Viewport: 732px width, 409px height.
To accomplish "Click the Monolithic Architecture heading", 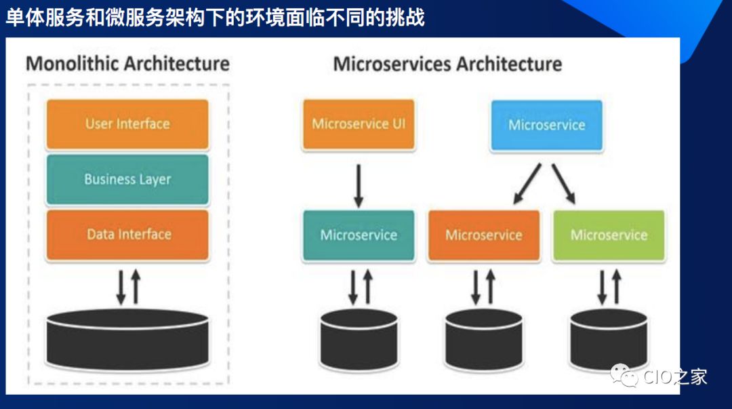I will [127, 64].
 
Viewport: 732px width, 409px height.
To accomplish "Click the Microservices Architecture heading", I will [447, 64].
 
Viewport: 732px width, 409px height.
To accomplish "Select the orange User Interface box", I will [127, 124].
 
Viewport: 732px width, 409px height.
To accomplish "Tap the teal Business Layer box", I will [127, 180].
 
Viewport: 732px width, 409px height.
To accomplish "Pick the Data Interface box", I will [127, 235].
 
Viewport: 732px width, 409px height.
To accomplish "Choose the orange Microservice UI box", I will [359, 124].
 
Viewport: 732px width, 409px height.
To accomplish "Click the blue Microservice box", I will [546, 125].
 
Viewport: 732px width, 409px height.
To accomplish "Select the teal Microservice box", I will [359, 235].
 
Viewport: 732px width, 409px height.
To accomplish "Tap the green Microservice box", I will [609, 235].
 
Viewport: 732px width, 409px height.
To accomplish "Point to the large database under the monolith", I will [127, 339].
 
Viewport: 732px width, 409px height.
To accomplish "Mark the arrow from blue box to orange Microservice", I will [527, 183].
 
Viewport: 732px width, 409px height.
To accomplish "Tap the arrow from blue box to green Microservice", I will [563, 183].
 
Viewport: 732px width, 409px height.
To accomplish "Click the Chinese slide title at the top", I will [216, 17].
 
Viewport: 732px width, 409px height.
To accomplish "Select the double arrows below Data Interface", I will [127, 286].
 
